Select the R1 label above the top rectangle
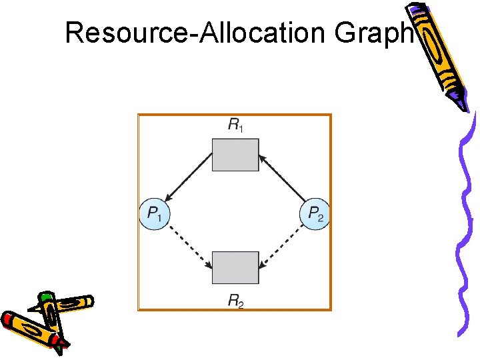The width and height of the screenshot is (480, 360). coord(235,124)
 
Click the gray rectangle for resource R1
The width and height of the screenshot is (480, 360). coord(235,155)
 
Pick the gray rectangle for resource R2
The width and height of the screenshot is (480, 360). coord(235,268)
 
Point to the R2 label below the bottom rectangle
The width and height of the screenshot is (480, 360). coord(235,301)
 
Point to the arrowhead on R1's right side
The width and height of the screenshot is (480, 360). coord(263,159)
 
